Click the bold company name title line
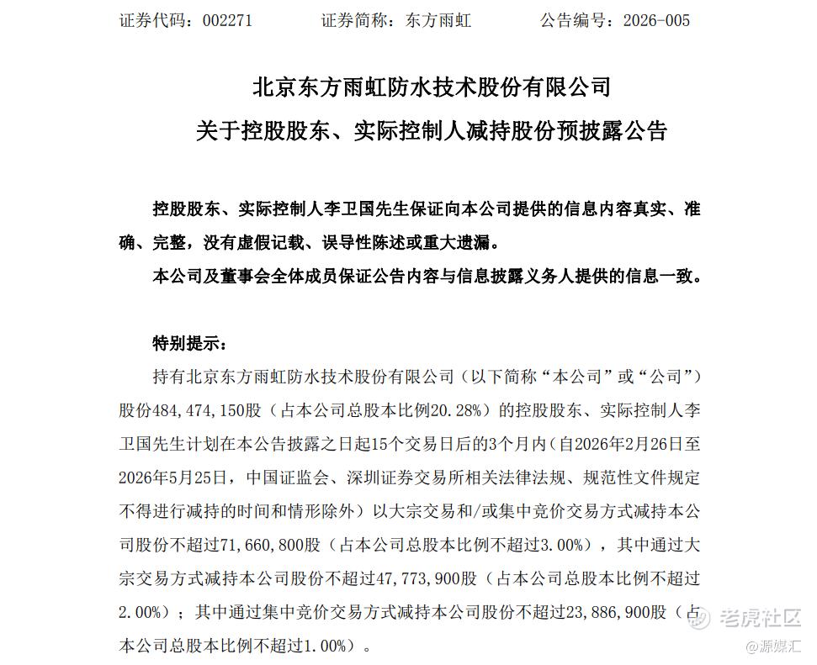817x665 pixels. click(432, 87)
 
